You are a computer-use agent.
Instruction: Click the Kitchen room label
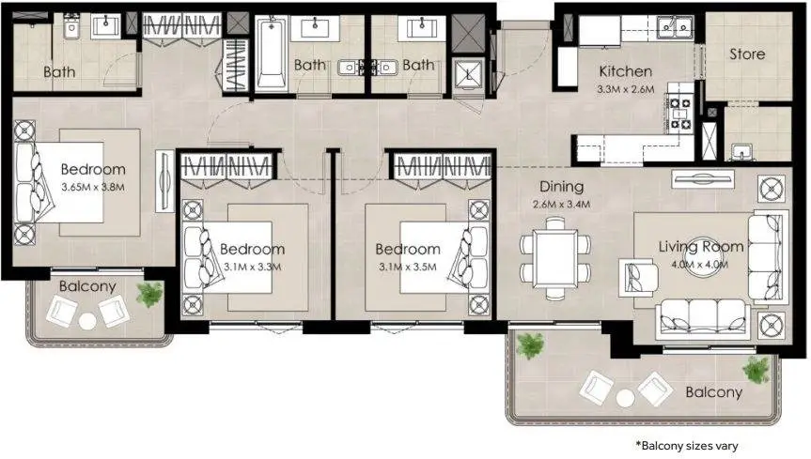pyautogui.click(x=625, y=71)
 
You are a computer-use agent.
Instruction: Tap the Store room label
pyautogui.click(x=747, y=54)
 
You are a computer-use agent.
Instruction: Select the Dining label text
pyautogui.click(x=561, y=187)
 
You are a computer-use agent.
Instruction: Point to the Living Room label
pyautogui.click(x=701, y=247)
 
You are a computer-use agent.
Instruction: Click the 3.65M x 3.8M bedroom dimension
pyautogui.click(x=93, y=187)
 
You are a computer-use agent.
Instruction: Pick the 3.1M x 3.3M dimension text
pyautogui.click(x=253, y=268)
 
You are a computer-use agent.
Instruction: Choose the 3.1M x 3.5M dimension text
pyautogui.click(x=408, y=268)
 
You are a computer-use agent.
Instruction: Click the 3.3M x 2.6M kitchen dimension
pyautogui.click(x=625, y=89)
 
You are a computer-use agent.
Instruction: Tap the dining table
pyautogui.click(x=555, y=258)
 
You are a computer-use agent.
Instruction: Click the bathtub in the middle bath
pyautogui.click(x=271, y=54)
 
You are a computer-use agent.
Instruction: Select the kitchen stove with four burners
pyautogui.click(x=680, y=114)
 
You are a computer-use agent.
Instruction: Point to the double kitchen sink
pyautogui.click(x=675, y=26)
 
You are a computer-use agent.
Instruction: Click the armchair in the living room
pyautogui.click(x=638, y=278)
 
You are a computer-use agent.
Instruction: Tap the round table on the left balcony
pyautogui.click(x=86, y=321)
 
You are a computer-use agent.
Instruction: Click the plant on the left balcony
pyautogui.click(x=149, y=294)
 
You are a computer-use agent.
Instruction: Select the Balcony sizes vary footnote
pyautogui.click(x=686, y=445)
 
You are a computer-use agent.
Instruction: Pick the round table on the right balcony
pyautogui.click(x=625, y=398)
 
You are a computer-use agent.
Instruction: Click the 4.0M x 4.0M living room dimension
pyautogui.click(x=700, y=265)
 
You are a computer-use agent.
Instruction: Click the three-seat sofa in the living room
pyautogui.click(x=703, y=319)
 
